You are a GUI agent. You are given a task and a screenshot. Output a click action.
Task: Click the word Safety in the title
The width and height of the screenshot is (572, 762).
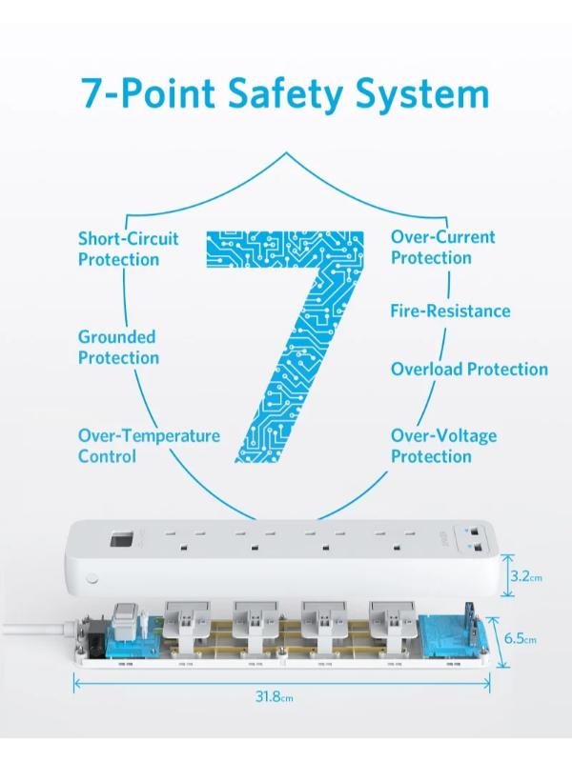(285, 93)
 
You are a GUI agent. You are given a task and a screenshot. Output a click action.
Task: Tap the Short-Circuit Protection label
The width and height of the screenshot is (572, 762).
(128, 249)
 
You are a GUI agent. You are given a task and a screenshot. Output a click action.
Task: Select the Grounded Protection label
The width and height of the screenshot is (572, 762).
(118, 347)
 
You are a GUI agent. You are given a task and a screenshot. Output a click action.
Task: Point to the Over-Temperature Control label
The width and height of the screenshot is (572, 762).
(149, 446)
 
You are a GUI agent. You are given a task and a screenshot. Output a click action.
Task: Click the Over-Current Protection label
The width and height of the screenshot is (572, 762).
(442, 248)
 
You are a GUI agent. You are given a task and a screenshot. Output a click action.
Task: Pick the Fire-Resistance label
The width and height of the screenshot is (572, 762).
(450, 311)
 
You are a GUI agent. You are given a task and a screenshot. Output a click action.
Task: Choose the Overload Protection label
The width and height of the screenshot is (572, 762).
(469, 369)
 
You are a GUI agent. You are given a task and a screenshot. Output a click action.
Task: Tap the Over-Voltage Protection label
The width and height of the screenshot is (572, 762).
(443, 446)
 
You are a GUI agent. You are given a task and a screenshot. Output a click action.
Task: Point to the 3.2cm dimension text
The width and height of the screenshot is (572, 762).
(526, 576)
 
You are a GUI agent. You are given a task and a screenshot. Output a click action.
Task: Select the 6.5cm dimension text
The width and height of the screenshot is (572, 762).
(520, 638)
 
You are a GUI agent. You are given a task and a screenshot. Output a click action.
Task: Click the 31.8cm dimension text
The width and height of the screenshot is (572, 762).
(275, 697)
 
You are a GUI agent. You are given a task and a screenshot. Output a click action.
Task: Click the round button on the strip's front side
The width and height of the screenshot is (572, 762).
(92, 578)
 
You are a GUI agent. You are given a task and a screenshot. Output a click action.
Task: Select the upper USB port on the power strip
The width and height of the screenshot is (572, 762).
(475, 531)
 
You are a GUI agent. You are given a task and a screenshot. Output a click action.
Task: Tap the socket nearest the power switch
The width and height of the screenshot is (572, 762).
(183, 539)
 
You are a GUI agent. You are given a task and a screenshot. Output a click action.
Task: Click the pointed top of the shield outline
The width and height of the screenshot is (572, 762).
(286, 152)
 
